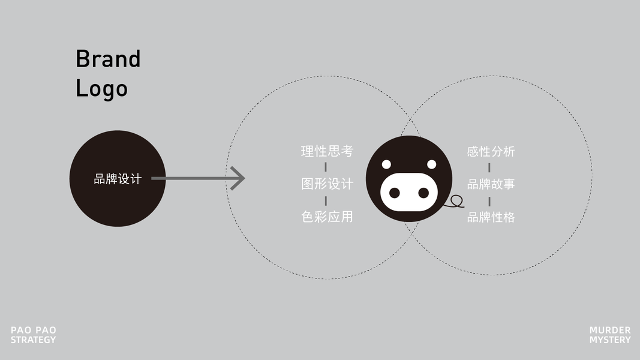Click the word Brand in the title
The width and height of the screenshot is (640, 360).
[x=108, y=59]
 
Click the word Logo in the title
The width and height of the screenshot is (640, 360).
[x=101, y=89]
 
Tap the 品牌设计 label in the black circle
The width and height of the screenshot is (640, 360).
[x=118, y=179]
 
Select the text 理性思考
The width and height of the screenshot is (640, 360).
[x=327, y=151]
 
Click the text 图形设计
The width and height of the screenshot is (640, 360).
[x=327, y=184]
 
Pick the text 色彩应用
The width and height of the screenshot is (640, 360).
[x=327, y=217]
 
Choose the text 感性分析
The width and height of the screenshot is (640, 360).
[x=491, y=152]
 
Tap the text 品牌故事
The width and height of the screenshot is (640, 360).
[x=491, y=184]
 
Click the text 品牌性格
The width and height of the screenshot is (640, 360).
[x=491, y=217]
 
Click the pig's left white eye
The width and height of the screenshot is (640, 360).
[x=386, y=164]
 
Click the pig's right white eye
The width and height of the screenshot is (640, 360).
[x=431, y=164]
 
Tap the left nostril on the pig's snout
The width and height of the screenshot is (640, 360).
[x=394, y=193]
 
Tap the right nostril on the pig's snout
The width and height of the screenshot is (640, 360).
[x=423, y=193]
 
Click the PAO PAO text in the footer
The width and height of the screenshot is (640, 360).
[x=33, y=330]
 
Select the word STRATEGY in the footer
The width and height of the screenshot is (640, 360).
[x=33, y=340]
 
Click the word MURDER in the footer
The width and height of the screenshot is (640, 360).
[x=609, y=330]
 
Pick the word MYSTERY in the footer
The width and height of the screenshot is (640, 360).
[x=609, y=340]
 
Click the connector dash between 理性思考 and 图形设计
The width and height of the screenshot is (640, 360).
[x=326, y=167]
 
